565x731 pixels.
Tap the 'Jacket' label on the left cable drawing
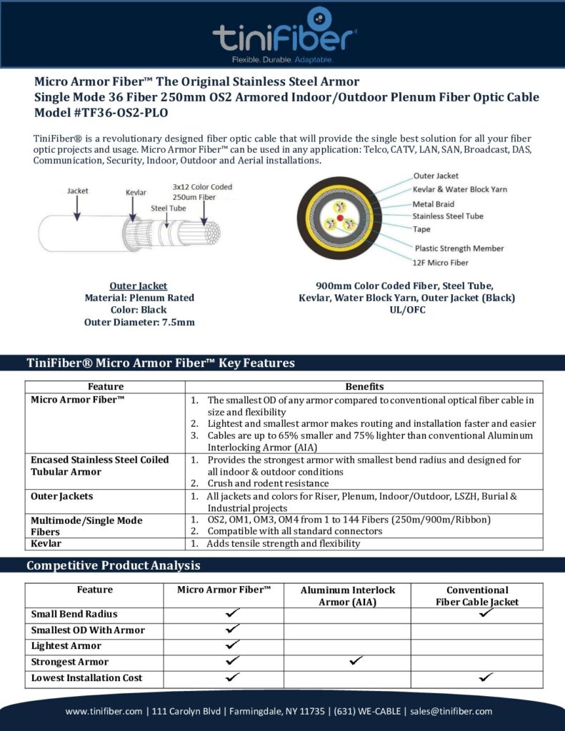(78, 191)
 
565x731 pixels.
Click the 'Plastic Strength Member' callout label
(459, 248)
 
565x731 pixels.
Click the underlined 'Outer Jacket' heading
(139, 286)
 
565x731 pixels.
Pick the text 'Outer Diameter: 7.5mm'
(139, 322)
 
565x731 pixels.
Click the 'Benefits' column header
(364, 387)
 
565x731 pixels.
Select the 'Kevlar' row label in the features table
(46, 544)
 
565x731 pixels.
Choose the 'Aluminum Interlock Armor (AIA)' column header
(347, 596)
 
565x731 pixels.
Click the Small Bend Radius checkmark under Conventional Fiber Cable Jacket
(486, 612)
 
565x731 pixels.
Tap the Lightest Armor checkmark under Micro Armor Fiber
(231, 645)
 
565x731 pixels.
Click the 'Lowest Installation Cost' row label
(86, 678)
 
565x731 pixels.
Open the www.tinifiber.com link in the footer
(104, 711)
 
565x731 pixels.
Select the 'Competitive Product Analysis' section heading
(113, 566)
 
